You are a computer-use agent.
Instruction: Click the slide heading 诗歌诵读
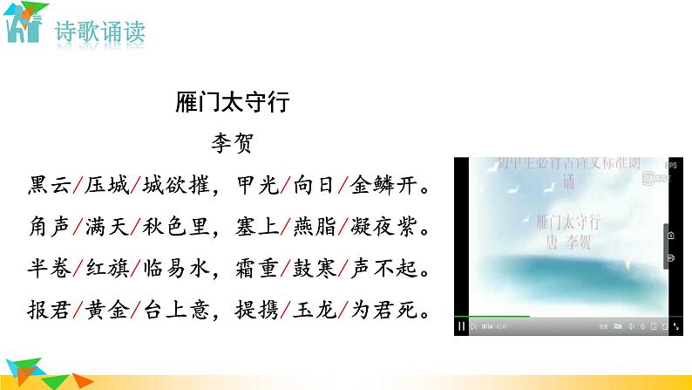(99, 33)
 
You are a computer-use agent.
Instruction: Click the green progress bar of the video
(492, 316)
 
